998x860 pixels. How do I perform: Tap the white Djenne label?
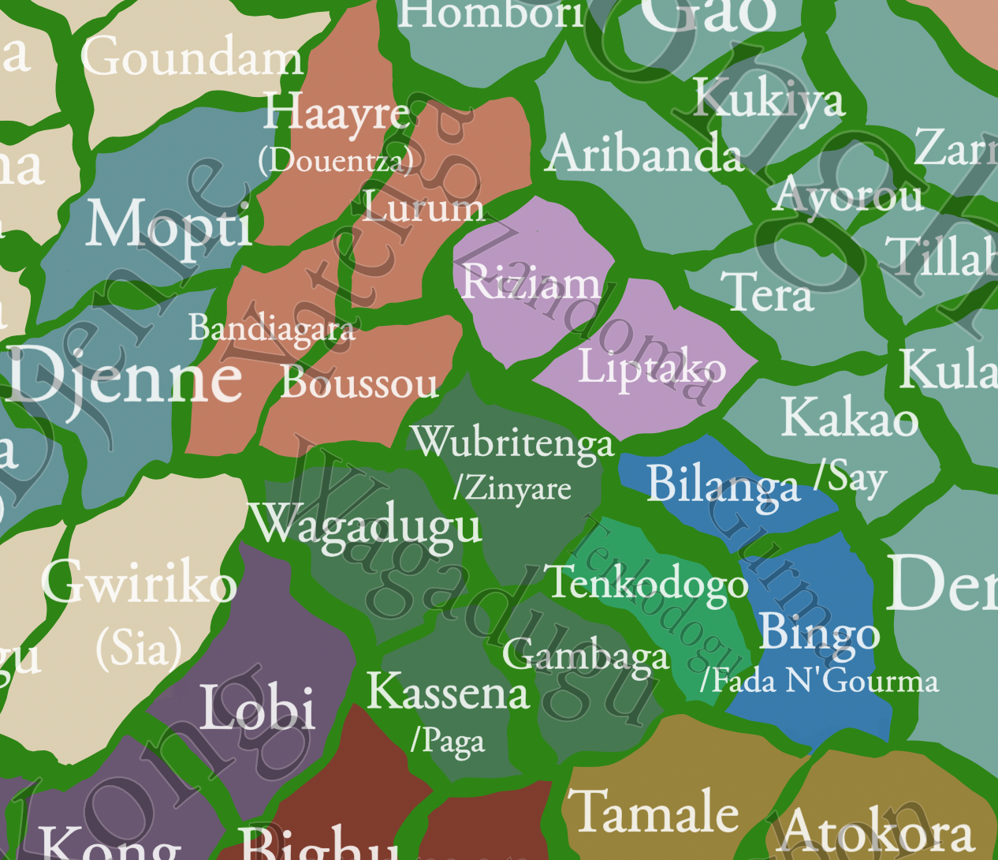(x=126, y=376)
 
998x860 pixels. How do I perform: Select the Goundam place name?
(x=192, y=58)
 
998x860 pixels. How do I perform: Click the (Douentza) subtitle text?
(x=337, y=161)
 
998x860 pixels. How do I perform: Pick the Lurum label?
(x=423, y=206)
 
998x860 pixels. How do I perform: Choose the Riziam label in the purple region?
(x=531, y=282)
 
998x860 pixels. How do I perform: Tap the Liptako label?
(x=652, y=368)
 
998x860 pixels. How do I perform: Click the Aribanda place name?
(x=644, y=153)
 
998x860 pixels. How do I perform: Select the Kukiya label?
(x=769, y=99)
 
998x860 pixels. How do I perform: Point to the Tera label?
(x=766, y=293)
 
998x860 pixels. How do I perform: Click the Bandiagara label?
(x=271, y=327)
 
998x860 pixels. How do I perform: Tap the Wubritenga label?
(x=512, y=442)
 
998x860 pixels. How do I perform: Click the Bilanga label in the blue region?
(x=723, y=484)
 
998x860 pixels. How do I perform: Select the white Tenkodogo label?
(x=648, y=583)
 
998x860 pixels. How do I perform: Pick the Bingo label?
(x=819, y=633)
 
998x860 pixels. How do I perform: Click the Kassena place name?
(x=448, y=692)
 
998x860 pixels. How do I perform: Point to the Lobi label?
(x=258, y=707)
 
